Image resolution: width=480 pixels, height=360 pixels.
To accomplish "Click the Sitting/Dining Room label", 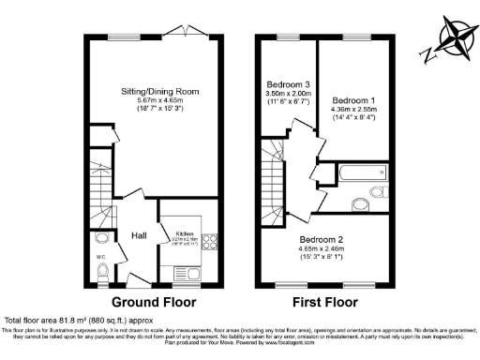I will pyautogui.click(x=158, y=92).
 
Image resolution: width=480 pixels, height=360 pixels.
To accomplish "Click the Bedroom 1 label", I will pyautogui.click(x=353, y=100).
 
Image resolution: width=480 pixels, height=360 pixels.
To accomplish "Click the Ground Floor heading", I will pyautogui.click(x=153, y=303).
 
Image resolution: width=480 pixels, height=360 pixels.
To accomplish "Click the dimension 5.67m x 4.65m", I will pyautogui.click(x=158, y=103).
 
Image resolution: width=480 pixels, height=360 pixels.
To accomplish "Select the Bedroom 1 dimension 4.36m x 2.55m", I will pyautogui.click(x=353, y=112).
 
